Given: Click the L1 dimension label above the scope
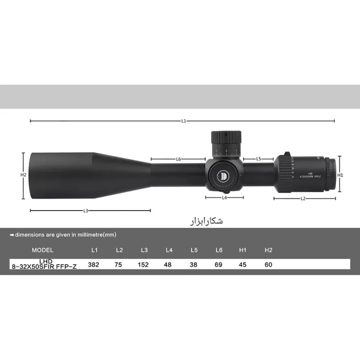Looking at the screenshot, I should click(x=184, y=121).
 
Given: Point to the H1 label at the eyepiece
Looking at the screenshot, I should click(x=341, y=175).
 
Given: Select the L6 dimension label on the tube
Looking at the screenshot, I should click(x=178, y=159).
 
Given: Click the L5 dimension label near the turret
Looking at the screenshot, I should click(x=258, y=159).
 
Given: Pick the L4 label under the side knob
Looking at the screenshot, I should click(x=224, y=198).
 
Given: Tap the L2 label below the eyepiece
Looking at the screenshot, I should click(x=303, y=198).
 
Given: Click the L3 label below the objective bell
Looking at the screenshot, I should click(x=85, y=210).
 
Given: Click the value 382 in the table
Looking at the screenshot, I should click(x=94, y=265).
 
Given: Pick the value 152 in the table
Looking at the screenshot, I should click(x=143, y=265).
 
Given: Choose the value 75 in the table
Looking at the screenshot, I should click(x=119, y=265).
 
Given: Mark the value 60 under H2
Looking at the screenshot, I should click(x=269, y=265).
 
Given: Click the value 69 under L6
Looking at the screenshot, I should click(x=218, y=265).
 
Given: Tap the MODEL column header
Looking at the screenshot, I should click(x=43, y=250).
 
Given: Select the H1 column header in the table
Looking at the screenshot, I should click(x=243, y=250).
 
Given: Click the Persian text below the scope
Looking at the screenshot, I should click(x=204, y=221).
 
